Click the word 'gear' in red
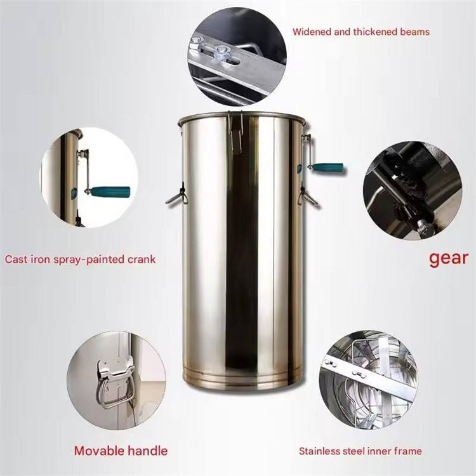coord(449,259)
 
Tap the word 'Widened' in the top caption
coord(312,32)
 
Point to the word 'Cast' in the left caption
coord(15,260)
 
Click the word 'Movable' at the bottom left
coord(98,451)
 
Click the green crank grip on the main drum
coord(329,168)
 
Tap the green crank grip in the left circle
coord(110,192)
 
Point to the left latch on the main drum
coord(177,195)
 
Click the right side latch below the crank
coord(308,196)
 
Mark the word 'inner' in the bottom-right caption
coord(380,451)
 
